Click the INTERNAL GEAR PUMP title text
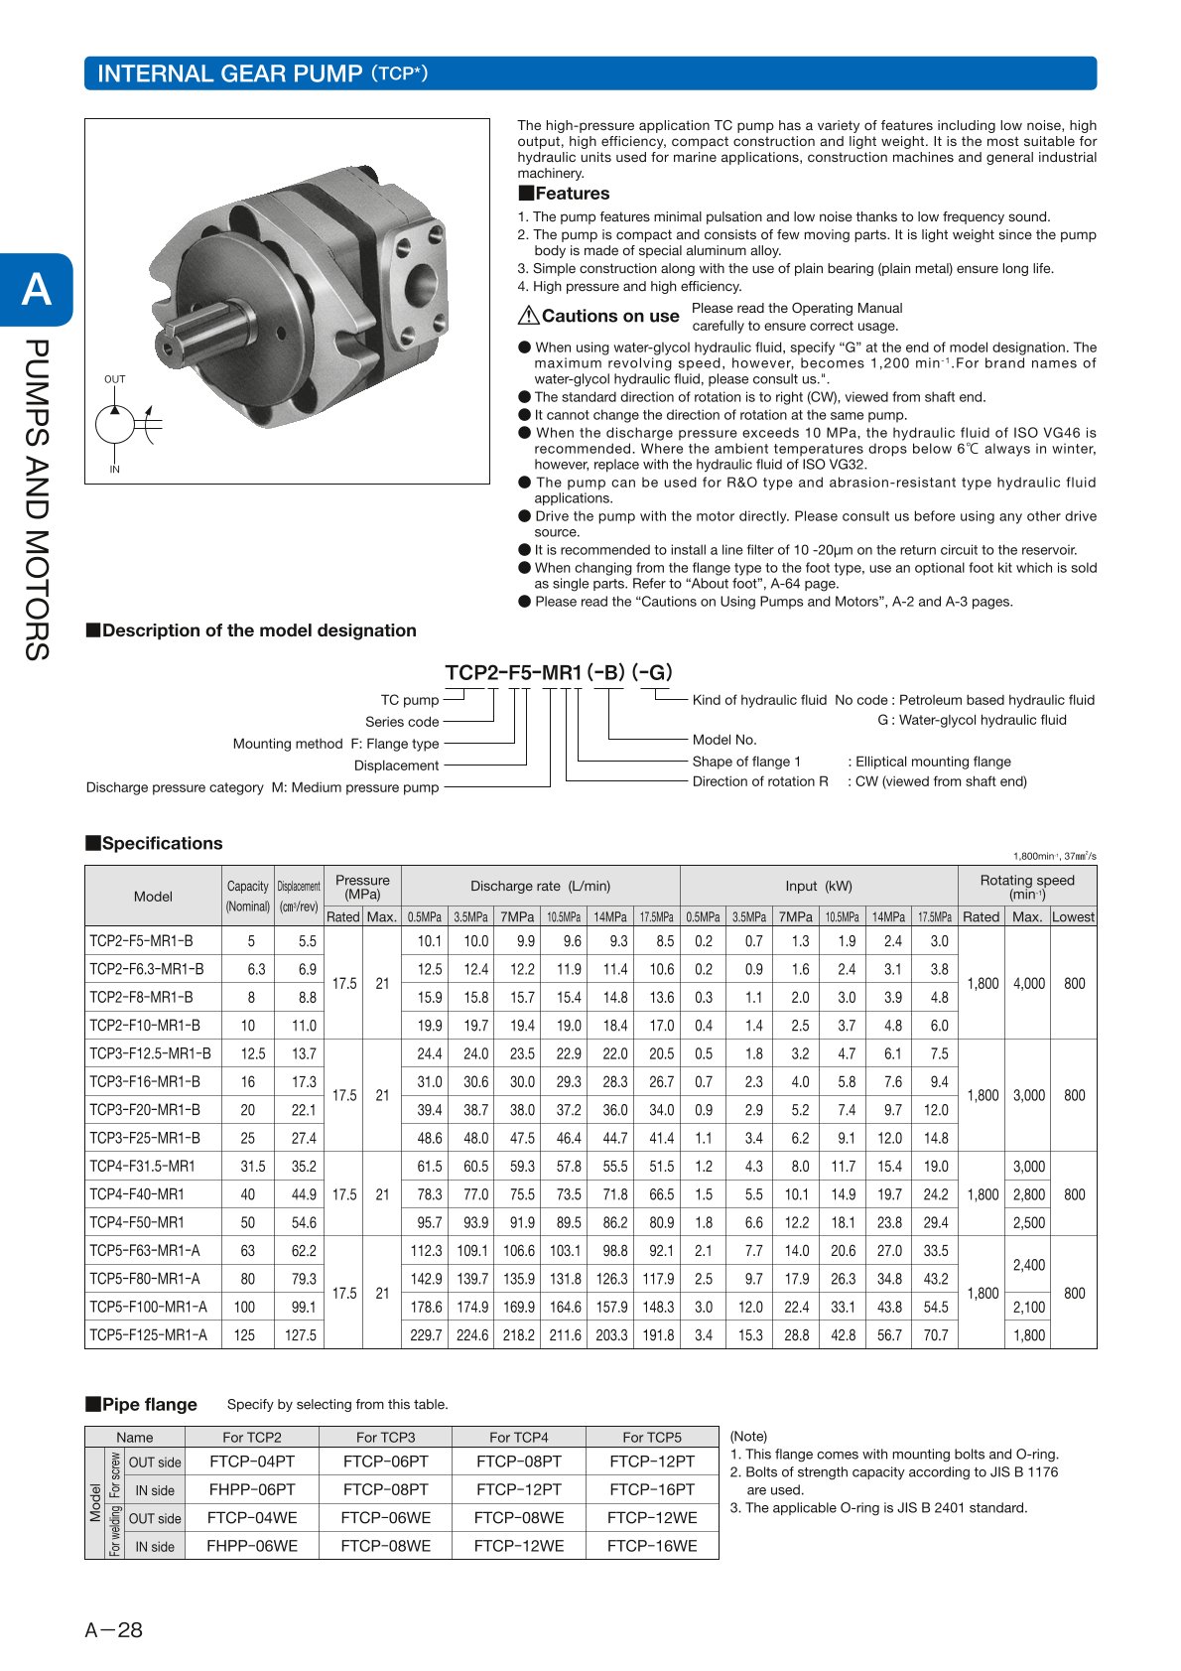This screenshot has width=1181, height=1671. tap(229, 73)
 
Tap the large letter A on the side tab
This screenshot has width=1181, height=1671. tap(37, 289)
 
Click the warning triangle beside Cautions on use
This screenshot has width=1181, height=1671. tap(528, 316)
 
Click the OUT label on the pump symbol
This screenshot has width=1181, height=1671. tap(115, 379)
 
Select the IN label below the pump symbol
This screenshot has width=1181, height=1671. tap(115, 470)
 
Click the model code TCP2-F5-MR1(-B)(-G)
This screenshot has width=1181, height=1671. tap(559, 672)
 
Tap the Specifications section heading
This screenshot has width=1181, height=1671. tap(162, 843)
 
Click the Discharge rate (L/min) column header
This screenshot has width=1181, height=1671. tap(540, 886)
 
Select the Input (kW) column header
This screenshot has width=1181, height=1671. tap(818, 886)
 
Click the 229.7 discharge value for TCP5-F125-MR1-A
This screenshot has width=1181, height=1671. tap(426, 1335)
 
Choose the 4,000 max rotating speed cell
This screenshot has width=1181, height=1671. tap(1028, 983)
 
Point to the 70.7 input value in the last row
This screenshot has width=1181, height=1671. tap(936, 1335)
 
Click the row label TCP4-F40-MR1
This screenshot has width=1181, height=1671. tap(137, 1194)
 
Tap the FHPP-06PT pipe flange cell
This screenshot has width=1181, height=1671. tap(252, 1489)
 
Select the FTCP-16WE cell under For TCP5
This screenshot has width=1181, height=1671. tap(652, 1546)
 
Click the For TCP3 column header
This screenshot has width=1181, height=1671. tap(385, 1437)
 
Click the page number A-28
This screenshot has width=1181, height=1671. tap(114, 1629)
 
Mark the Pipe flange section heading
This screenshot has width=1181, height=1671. tap(149, 1404)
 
